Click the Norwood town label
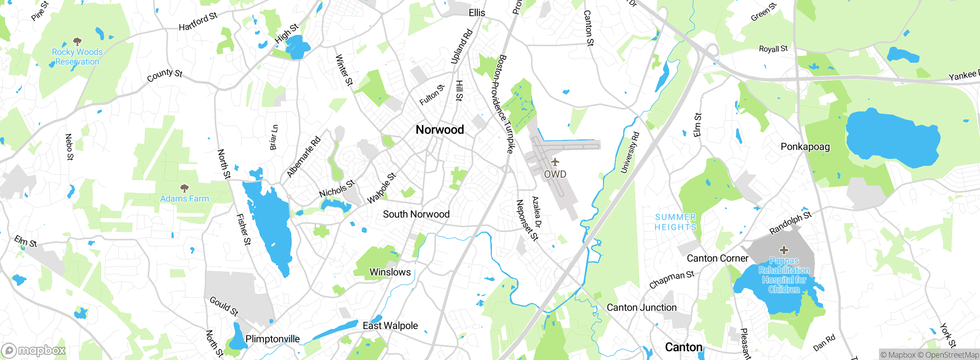[x=440, y=130]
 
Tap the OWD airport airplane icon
[x=555, y=162]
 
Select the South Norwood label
[x=416, y=214]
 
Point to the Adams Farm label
[x=185, y=199]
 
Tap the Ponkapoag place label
[x=805, y=147]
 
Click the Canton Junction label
[x=642, y=308]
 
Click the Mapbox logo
[x=34, y=350]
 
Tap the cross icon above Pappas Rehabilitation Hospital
[x=784, y=250]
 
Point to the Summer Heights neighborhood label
[x=675, y=222]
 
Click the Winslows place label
[x=390, y=272]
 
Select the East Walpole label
[x=390, y=326]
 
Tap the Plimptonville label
[x=273, y=339]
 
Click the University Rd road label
[x=630, y=152]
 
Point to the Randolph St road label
[x=790, y=223]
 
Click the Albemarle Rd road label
[x=304, y=157]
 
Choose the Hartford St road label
[x=198, y=21]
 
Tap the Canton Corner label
[x=717, y=258]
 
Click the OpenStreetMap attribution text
[x=952, y=355]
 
